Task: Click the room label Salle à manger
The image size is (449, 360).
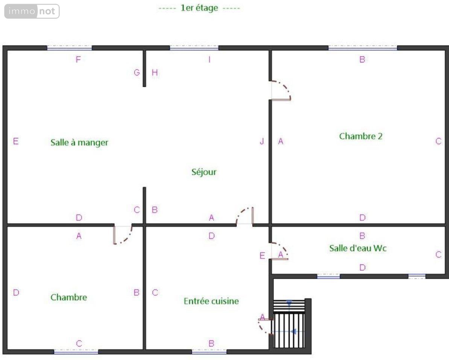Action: [x=79, y=142]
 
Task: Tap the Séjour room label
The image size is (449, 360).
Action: [x=204, y=172]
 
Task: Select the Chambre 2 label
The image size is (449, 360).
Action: [x=361, y=136]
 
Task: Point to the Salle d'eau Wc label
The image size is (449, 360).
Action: [x=358, y=248]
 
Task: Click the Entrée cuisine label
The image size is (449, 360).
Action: [x=211, y=301]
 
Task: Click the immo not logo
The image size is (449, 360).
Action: [x=32, y=11]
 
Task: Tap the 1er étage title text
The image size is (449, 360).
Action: [x=199, y=8]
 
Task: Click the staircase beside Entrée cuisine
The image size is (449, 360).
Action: [x=289, y=324]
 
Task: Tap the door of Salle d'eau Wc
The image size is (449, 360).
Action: [x=279, y=251]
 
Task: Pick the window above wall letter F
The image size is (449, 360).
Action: [x=69, y=48]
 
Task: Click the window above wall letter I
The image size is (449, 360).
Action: [x=194, y=48]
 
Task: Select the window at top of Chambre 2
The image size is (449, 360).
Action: [x=363, y=48]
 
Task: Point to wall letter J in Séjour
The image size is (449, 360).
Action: [x=262, y=141]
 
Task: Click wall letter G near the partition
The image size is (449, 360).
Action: [x=137, y=73]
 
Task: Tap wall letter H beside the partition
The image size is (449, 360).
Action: [x=155, y=73]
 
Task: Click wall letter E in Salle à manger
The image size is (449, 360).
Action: [x=16, y=141]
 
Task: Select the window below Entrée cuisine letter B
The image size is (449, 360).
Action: [x=209, y=351]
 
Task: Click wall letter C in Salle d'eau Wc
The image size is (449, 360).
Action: [x=438, y=254]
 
